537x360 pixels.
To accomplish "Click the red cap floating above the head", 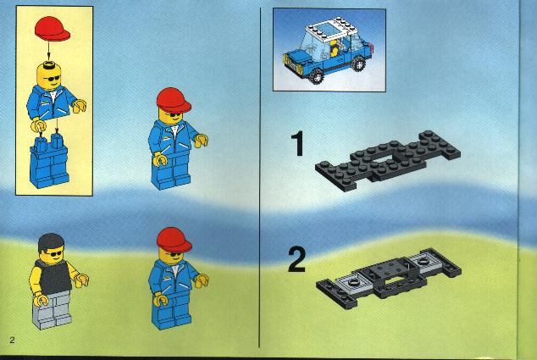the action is [x=52, y=29].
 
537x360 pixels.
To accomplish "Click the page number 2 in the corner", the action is [x=13, y=341].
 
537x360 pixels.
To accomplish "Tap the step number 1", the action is [x=298, y=144].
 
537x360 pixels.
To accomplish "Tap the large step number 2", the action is [x=296, y=259].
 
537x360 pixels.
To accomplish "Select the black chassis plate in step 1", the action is [x=388, y=160].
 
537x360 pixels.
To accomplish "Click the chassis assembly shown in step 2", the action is [x=389, y=278].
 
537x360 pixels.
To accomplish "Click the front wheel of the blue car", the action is [x=316, y=75].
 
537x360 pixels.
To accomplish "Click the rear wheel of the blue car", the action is [x=358, y=64].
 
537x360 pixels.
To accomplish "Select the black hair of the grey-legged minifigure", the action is [x=51, y=241].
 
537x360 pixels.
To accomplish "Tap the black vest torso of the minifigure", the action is [x=54, y=276].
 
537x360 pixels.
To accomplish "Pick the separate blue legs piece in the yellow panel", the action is [x=49, y=161].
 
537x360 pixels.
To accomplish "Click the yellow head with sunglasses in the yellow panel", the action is [x=49, y=76].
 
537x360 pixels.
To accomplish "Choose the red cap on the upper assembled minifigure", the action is [x=174, y=100].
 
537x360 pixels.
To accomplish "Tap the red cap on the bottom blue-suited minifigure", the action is [x=174, y=240].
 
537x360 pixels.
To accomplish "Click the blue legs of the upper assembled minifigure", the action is [x=171, y=174].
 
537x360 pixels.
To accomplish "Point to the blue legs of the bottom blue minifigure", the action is [x=171, y=313].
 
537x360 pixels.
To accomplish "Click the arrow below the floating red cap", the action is [x=48, y=52].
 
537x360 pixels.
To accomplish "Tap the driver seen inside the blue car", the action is [x=334, y=49].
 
